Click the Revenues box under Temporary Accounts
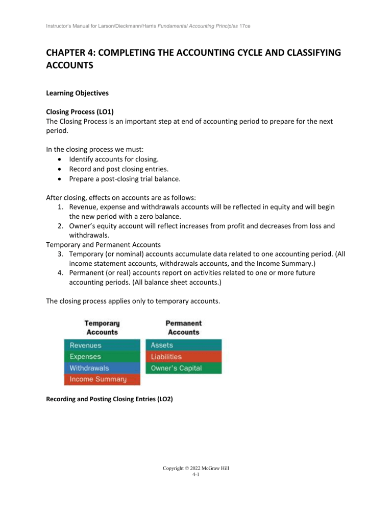(102, 345)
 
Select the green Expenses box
(102, 357)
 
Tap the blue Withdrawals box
(102, 368)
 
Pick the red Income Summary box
(102, 380)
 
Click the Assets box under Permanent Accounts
(184, 345)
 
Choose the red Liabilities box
(184, 357)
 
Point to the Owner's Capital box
(184, 368)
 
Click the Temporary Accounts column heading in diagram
(102, 328)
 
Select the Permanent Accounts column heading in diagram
(184, 328)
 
